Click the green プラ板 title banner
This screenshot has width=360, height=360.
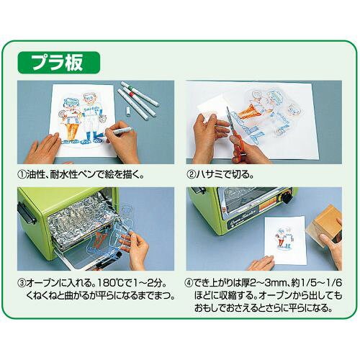click(x=59, y=63)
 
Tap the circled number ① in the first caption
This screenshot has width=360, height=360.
click(x=22, y=175)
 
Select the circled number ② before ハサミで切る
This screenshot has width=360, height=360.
click(x=192, y=175)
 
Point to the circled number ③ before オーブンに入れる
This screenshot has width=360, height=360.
click(x=22, y=283)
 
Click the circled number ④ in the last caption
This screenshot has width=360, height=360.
click(x=189, y=283)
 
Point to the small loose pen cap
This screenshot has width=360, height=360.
click(x=128, y=112)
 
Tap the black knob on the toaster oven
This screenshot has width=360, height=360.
click(x=287, y=199)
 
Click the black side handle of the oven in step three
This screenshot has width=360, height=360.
click(x=26, y=213)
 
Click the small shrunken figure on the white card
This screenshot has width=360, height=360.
click(x=284, y=237)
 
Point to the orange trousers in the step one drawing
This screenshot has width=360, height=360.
click(x=71, y=130)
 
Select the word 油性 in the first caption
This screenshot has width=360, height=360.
click(x=35, y=175)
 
